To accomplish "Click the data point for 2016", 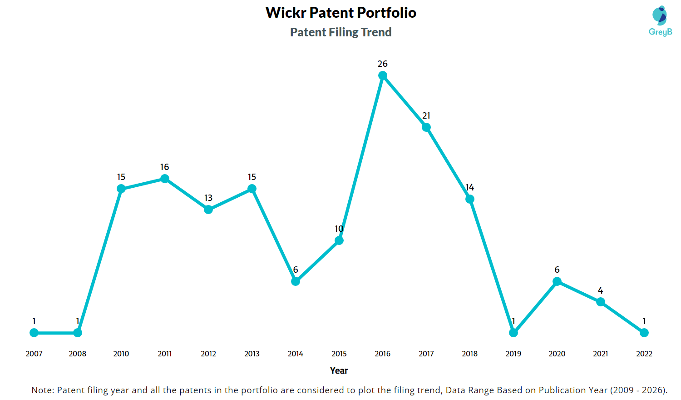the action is pos(382,75).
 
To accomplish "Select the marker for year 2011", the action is pos(164,178).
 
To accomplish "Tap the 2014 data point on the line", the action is pos(295,281).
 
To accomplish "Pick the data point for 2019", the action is pos(513,333).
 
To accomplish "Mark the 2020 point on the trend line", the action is pos(557,281).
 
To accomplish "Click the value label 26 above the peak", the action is pos(382,64).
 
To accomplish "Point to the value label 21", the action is pos(426,115).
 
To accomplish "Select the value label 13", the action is pos(208,198).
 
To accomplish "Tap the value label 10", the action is pos(339,229).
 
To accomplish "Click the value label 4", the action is pos(601,290).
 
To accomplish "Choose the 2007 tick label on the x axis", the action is pos(34,354).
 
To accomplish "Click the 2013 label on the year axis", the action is pos(252,354).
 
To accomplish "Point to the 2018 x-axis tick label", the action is pos(470,354).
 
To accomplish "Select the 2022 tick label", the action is pos(644,354).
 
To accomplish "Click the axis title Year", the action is pos(339,370).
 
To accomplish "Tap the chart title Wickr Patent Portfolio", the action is pos(341,12).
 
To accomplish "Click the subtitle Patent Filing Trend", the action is pos(341,32).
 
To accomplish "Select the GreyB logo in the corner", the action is pos(660,21).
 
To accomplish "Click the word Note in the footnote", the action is pos(42,390).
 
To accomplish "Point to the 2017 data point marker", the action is pos(426,127).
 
